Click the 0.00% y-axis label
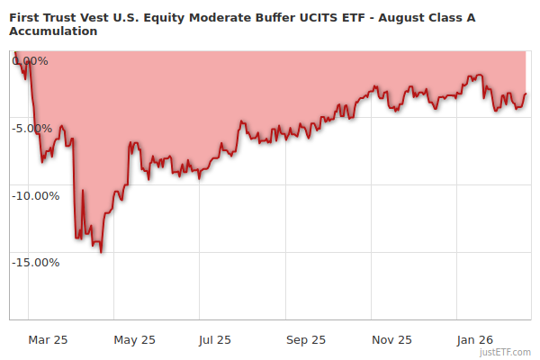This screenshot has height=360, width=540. coord(31,61)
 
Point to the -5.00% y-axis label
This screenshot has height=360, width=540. coord(34,128)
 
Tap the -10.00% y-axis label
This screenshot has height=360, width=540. coord(37,195)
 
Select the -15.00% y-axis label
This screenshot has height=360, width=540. coord(37,262)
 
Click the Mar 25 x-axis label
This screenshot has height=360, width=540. coord(49,339)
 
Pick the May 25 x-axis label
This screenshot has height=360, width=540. coord(135,339)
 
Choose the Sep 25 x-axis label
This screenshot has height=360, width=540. coord(307,339)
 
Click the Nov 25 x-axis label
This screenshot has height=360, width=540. coord(392,339)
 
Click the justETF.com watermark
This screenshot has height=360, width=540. coord(506,352)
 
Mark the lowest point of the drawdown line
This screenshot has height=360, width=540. coord(101,252)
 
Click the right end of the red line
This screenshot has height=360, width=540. coord(525,94)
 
